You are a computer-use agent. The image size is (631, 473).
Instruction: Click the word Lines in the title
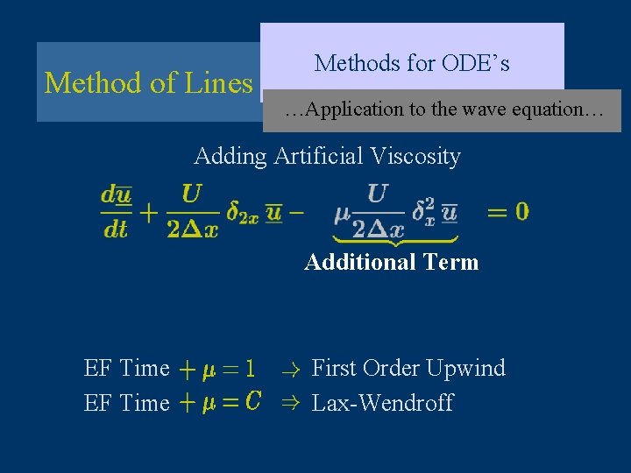pos(219,83)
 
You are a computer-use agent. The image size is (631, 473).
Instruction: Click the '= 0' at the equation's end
pos(508,212)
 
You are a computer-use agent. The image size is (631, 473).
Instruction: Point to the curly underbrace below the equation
pos(395,239)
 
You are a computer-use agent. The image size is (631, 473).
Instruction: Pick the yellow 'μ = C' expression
pos(221,403)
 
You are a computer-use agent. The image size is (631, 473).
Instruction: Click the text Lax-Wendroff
pos(383,403)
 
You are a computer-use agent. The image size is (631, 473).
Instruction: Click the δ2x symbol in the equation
pos(243,214)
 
